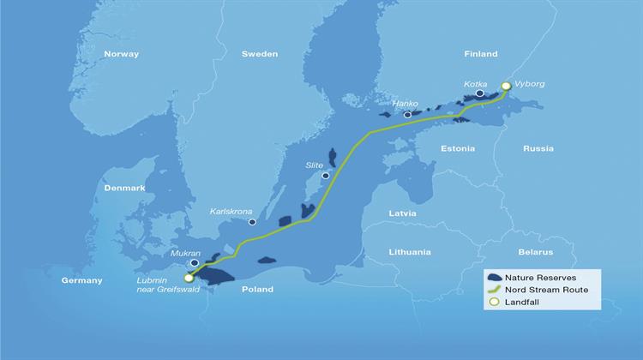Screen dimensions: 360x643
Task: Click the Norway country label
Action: coord(121,54)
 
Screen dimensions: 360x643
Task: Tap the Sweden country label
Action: coord(259,54)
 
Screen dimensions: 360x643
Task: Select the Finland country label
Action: coord(480,54)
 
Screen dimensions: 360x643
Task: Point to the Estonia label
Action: coord(457,148)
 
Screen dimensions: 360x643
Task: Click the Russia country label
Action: coord(538,148)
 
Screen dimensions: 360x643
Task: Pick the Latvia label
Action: coord(402,213)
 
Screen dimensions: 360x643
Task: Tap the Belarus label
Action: coord(536,252)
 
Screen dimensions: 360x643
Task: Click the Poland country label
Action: coord(256,290)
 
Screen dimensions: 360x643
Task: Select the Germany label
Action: coord(82,280)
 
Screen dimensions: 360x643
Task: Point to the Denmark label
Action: coord(124,188)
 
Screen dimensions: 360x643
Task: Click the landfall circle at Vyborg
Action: coord(506,86)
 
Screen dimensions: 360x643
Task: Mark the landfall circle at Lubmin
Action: coord(189,277)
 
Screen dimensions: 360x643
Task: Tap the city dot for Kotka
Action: coord(479,93)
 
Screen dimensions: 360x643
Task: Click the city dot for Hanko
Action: coord(408,114)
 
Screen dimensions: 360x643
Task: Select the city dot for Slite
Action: coord(325,175)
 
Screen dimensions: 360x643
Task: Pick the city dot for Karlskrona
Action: coord(252,222)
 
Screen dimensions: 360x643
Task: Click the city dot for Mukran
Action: coord(194,263)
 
